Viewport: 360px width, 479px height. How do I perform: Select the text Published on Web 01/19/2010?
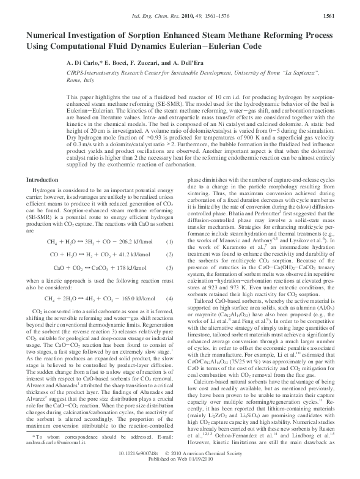(x=180, y=473)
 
